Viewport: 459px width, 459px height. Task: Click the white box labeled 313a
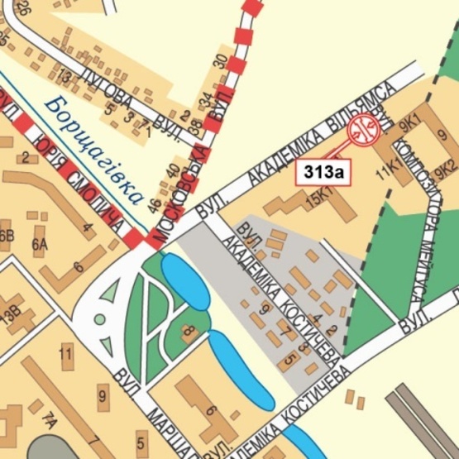[x=323, y=172]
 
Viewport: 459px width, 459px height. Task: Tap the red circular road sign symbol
[x=363, y=130]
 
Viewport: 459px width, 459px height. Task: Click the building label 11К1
[x=385, y=172]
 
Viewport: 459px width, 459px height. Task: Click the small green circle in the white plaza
[x=100, y=318]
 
